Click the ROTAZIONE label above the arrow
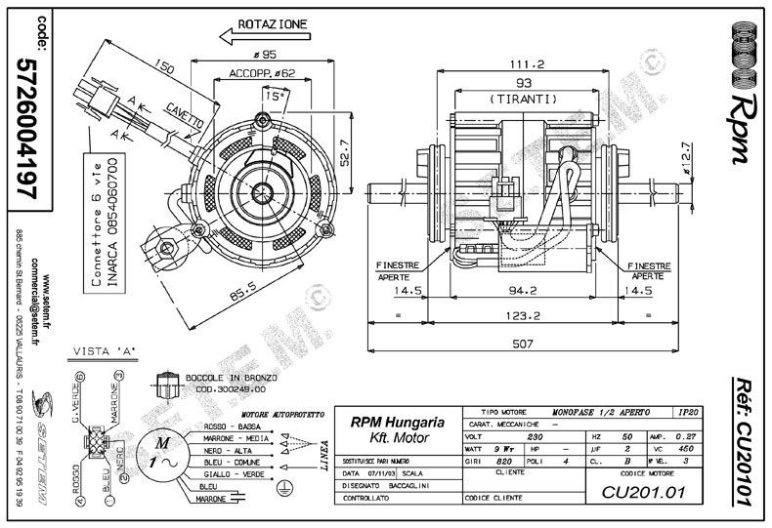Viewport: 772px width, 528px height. pos(271,22)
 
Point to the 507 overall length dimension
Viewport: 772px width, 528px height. pos(524,343)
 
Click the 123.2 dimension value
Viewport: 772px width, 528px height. pos(524,315)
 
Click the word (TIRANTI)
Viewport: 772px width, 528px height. pos(524,99)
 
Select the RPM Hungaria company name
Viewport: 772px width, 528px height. pos(397,423)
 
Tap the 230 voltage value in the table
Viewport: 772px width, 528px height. pos(535,437)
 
